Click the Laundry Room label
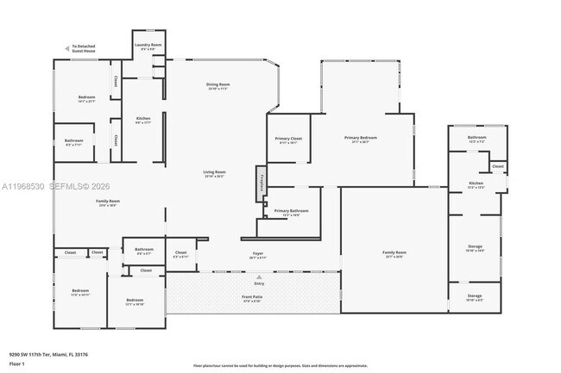coord(148,44)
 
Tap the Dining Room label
coord(217,84)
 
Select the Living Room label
coord(214,173)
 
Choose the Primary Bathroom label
coord(292,211)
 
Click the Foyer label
coord(257,254)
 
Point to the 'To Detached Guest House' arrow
coord(68,48)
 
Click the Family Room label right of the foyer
coord(394,252)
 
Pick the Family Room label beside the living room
coord(108,202)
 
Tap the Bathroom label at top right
coord(477,138)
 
